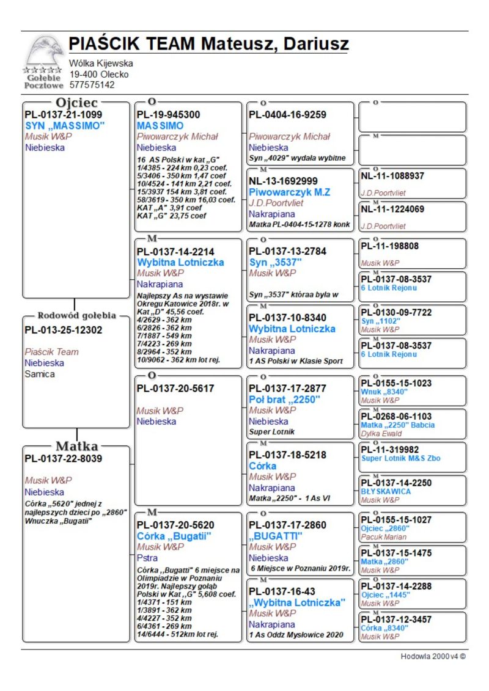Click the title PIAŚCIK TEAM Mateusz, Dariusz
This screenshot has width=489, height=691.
208,44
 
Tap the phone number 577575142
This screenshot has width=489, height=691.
92,85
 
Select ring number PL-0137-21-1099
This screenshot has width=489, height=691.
63,114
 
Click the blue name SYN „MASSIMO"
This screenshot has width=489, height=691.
65,125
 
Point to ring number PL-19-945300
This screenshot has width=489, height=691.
168,114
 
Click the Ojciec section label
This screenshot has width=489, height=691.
77,103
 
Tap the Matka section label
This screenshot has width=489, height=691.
77,445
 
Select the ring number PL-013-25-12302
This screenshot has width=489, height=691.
63,330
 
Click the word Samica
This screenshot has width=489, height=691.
40,374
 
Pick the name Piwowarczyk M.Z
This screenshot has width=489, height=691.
289,192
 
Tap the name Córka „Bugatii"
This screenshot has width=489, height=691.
174,536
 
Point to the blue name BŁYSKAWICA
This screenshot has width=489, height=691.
386,491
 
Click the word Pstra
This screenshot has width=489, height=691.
147,558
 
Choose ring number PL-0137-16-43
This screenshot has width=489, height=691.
283,591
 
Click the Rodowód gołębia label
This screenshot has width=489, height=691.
77,316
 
